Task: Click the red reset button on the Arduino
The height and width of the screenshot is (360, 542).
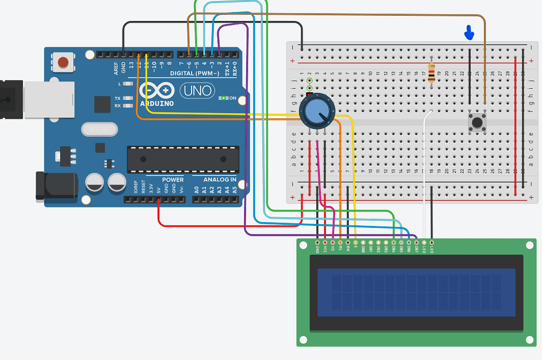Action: coord(63,62)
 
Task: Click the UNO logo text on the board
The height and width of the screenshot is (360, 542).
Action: coord(196,91)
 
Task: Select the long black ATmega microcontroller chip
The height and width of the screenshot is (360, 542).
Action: coord(183,159)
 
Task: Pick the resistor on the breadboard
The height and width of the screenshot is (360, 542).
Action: coord(432,73)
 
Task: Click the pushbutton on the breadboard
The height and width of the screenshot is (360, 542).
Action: coord(477,124)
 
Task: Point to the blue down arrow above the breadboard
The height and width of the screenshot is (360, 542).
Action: coord(469,34)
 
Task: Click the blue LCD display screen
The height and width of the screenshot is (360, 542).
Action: coord(416,292)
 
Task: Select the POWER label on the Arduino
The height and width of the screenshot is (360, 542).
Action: coord(173,180)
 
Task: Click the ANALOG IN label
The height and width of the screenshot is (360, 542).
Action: coord(220,180)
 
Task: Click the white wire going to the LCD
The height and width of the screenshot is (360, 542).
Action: coord(424,173)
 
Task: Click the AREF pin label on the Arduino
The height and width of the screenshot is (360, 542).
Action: coord(116,68)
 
